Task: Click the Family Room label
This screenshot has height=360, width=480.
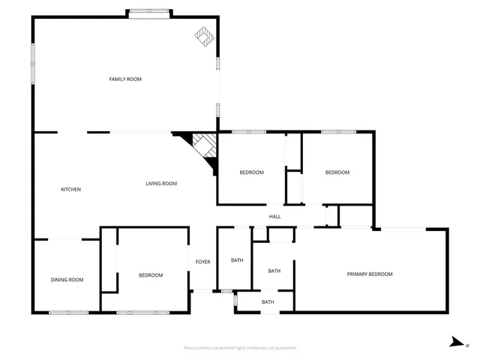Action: (125, 79)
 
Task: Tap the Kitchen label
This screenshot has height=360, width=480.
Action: (70, 189)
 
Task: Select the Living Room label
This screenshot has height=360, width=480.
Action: (160, 184)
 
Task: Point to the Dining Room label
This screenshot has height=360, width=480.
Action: (67, 280)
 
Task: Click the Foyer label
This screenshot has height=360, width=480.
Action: (202, 262)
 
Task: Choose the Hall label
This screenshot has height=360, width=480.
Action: (275, 217)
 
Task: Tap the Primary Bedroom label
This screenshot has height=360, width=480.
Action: (369, 274)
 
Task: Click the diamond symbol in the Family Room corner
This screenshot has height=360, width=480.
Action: (203, 35)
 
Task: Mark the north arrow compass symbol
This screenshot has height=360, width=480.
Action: (456, 342)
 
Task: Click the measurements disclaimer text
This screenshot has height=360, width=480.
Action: (240, 348)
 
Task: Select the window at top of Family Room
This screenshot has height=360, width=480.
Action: (148, 10)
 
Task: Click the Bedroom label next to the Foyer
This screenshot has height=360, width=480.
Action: (151, 275)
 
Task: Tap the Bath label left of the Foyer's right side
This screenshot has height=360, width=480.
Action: (237, 260)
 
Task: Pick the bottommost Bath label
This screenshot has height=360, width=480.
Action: (268, 302)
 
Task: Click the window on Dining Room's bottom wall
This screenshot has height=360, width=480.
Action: (69, 312)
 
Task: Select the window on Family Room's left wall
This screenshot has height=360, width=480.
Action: (33, 64)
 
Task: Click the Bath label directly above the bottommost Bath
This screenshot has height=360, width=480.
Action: (274, 271)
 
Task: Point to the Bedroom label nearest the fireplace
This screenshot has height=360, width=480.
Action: (251, 172)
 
